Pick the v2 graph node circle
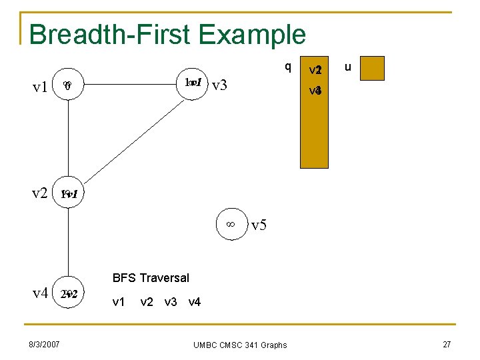coord(69,194)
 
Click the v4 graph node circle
coord(69,293)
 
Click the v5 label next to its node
coord(259,225)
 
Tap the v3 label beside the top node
coord(220,85)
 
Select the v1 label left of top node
coord(41,87)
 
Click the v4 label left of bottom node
coord(40,293)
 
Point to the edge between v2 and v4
coord(69,243)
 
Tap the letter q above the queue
coord(287,66)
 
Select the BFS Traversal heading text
coord(151,277)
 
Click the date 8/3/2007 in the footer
coord(45,344)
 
